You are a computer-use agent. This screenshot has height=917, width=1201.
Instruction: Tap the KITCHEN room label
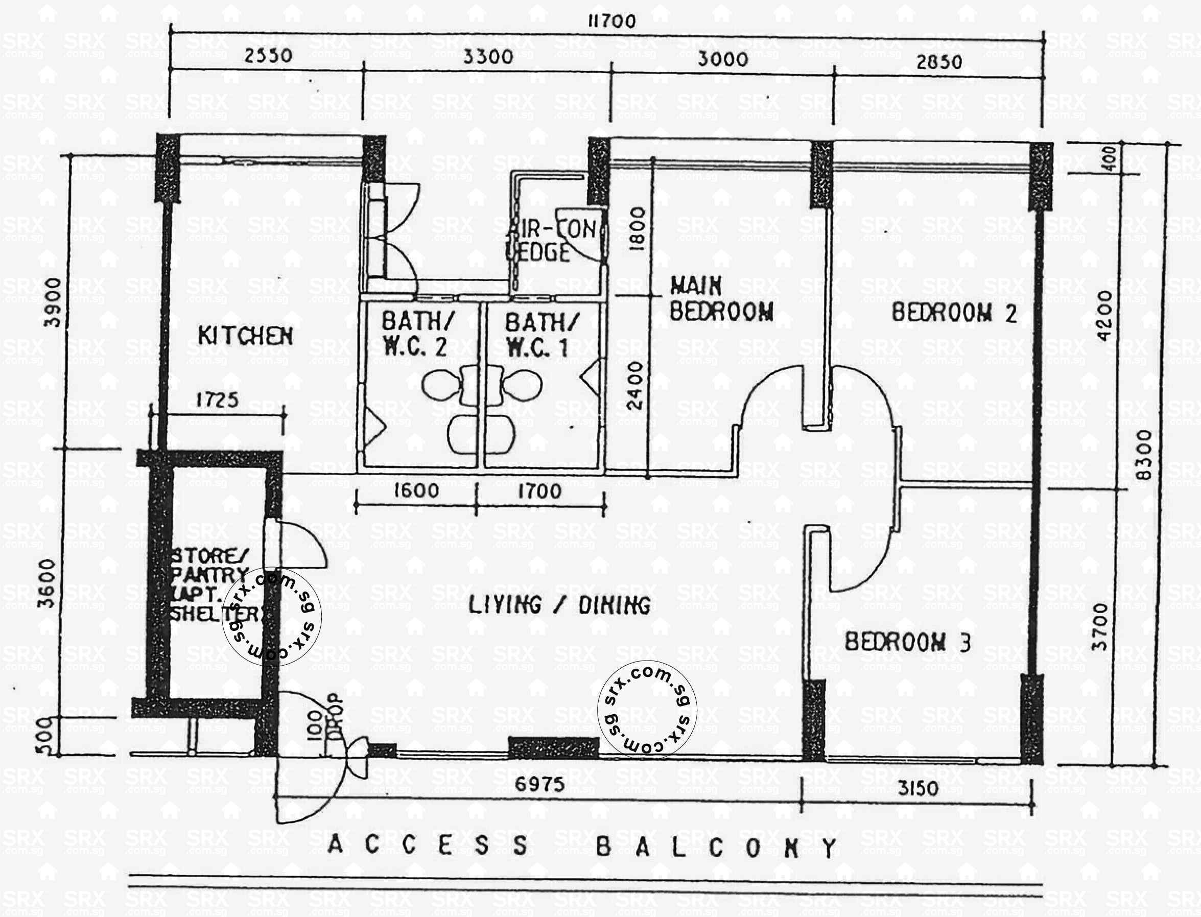click(x=245, y=336)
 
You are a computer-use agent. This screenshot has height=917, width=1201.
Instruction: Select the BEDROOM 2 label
click(x=954, y=313)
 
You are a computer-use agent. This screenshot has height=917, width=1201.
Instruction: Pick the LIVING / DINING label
click(x=560, y=605)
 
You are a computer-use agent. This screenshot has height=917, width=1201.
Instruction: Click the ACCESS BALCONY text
click(x=582, y=847)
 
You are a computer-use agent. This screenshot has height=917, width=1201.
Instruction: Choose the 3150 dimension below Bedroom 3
click(x=918, y=788)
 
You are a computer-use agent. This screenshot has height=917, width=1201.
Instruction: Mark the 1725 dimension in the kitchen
click(x=217, y=400)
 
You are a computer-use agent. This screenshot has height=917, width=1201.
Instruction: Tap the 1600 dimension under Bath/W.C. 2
click(x=416, y=490)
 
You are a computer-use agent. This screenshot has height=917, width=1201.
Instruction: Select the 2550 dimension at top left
click(x=267, y=55)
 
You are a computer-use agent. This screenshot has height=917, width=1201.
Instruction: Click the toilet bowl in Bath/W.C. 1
click(x=521, y=385)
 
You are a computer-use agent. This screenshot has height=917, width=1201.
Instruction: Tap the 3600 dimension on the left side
click(x=48, y=583)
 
